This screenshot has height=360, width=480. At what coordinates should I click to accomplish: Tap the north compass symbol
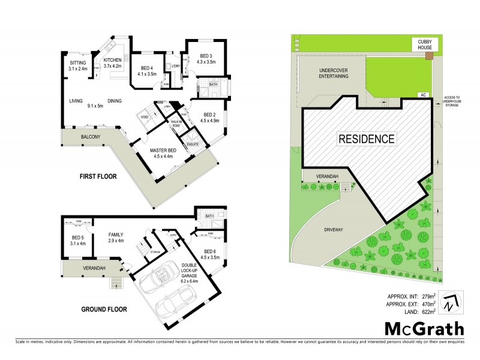(x=449, y=302)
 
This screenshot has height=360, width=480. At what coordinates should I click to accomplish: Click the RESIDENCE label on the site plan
(x=367, y=139)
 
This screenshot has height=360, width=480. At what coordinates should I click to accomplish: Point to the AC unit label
(x=423, y=95)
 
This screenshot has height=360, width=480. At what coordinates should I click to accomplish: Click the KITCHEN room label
(x=113, y=60)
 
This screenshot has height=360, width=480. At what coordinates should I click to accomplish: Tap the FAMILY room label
(x=116, y=235)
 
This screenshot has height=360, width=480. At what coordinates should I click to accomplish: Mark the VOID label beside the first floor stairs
(x=145, y=116)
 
